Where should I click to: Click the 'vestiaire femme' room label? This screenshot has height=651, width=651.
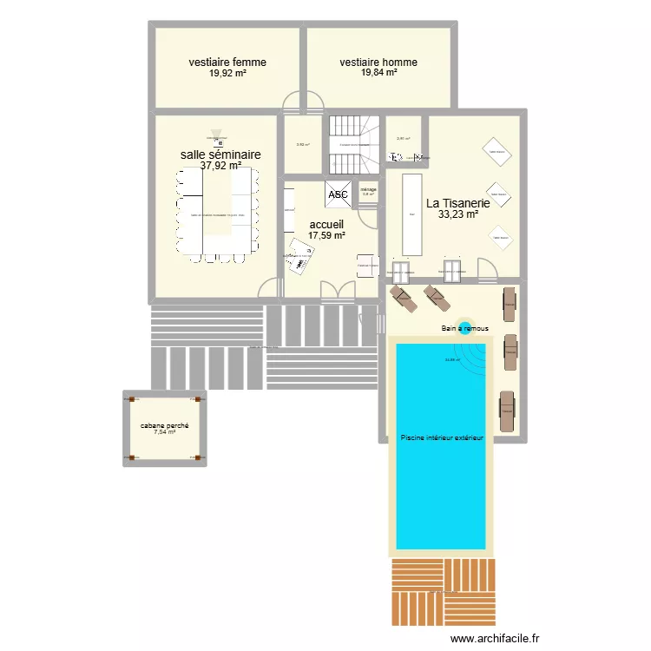coord(227,62)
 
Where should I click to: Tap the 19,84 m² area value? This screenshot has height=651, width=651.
coord(379,73)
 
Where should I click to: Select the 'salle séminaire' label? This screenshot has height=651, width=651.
coord(220,155)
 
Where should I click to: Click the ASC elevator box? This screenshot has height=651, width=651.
coord(339,194)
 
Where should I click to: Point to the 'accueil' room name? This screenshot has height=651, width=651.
coord(326,224)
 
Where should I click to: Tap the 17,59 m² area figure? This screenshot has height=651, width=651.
coord(326,235)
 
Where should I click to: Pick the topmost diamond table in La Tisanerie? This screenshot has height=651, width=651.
coord(497,151)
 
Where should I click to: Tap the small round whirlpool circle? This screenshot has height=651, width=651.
coord(464,325)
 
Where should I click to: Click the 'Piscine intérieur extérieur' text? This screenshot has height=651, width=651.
coord(441,439)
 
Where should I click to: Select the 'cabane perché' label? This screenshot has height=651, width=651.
coord(165,425)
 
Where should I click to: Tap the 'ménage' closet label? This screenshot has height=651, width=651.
coord(368,188)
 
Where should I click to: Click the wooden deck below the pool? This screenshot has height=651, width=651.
coord(443,590)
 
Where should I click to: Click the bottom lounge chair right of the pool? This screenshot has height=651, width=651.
coord(506,410)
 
